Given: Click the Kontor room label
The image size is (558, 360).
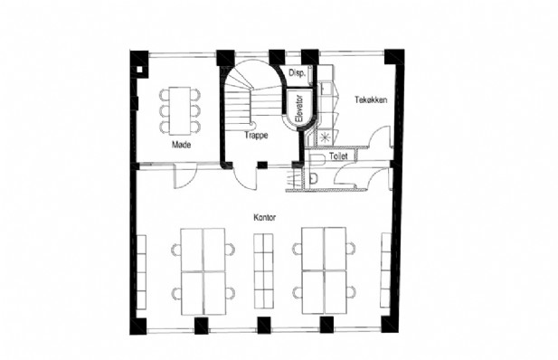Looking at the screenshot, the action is tap(264, 217).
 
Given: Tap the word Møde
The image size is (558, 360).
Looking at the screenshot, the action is tap(181, 145).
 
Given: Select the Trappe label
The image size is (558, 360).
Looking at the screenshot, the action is tap(256, 136).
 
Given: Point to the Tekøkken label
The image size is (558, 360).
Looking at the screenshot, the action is tap(371, 99).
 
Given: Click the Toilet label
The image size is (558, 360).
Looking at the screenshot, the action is tap(338, 156).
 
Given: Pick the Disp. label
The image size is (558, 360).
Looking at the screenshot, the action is tap(297, 73).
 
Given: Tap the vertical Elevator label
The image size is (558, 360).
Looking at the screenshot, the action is tap(299, 109).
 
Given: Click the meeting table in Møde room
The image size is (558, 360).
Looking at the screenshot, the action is tap(180, 110).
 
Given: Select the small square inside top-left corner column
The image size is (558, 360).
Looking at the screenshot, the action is tap(140, 70).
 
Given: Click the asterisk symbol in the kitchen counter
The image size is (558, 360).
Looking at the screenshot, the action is tap(324, 137).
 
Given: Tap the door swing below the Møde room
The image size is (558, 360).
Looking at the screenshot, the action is tap(185, 175).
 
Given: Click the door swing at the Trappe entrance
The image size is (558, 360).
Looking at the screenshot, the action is tap(244, 175).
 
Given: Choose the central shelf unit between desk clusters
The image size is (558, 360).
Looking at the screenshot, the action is tap(264, 271).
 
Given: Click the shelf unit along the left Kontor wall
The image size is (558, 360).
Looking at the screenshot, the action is tap(141, 272).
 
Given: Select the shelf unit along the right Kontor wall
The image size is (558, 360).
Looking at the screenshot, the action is tap(386, 270).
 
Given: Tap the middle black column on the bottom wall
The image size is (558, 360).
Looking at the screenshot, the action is tap(264, 325).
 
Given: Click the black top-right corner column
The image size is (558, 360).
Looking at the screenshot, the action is tap(394, 57).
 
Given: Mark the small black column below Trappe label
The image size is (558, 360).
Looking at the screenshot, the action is tap(262, 165).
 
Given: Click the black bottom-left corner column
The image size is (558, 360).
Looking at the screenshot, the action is tap(138, 327).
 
